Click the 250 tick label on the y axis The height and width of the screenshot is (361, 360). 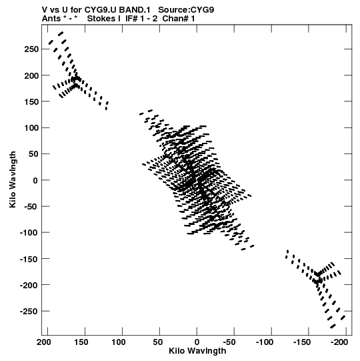point(31,49)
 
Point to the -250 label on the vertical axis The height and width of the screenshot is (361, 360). point(29,311)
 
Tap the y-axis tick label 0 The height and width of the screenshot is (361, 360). point(35,180)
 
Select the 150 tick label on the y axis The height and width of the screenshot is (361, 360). point(31,101)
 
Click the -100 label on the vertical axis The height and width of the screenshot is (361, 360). point(29,233)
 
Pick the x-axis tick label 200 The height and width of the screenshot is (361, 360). point(44,342)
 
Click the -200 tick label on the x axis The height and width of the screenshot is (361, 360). point(339,342)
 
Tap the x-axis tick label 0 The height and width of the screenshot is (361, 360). point(197,342)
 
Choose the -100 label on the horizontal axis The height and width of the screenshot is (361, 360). point(265,342)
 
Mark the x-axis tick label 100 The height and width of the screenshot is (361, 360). point(119,342)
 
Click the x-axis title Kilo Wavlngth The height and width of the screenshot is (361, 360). point(197,351)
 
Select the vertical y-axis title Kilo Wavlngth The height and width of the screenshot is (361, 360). point(13,179)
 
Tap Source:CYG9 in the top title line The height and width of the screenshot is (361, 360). point(186,10)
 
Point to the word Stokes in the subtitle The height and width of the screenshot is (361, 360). point(104,19)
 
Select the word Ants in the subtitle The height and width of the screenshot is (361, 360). point(52,19)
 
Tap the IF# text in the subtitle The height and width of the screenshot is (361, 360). point(131,19)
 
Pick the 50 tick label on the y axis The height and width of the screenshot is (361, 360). point(33,154)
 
